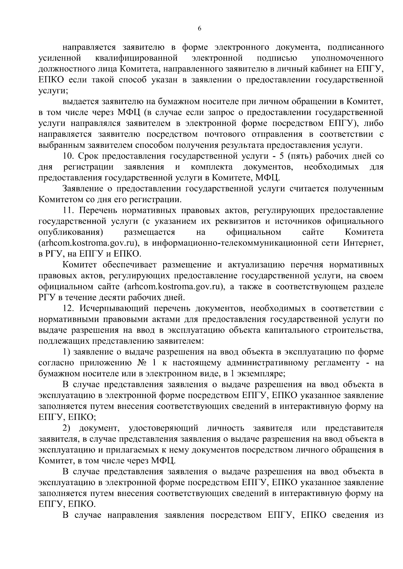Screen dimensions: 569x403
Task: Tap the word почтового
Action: point(227,134)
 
